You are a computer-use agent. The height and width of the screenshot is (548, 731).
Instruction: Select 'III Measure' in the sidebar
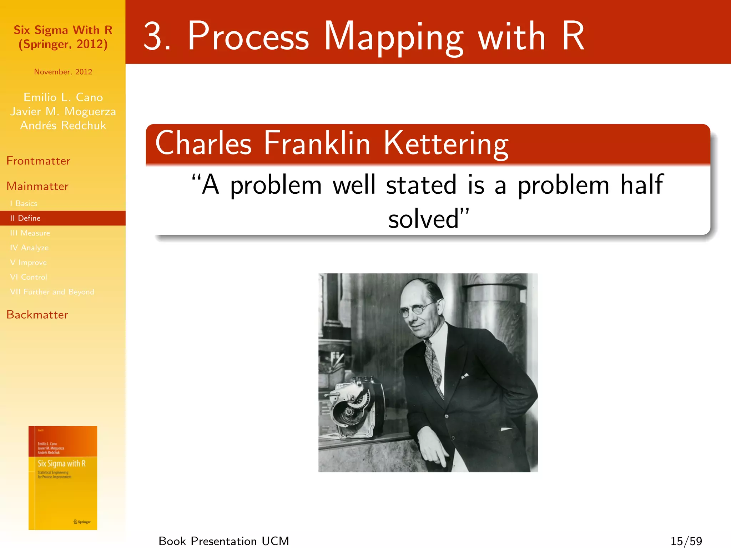[30, 233]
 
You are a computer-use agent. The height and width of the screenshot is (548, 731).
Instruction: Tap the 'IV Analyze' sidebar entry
[29, 248]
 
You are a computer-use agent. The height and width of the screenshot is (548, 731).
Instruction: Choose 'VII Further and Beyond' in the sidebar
[52, 292]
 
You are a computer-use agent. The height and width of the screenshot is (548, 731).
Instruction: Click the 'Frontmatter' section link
[38, 161]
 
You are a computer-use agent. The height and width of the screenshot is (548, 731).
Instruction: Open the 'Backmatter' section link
[37, 315]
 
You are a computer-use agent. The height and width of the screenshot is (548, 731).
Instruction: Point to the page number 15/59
[686, 541]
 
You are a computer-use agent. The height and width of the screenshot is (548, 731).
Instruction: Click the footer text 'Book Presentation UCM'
[223, 541]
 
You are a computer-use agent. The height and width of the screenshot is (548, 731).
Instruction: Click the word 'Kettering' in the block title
[446, 143]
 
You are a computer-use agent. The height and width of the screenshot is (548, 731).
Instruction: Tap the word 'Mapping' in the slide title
[393, 37]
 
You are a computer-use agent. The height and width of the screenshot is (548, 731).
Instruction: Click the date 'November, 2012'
[63, 72]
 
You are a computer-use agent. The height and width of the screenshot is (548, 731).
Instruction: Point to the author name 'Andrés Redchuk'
[63, 126]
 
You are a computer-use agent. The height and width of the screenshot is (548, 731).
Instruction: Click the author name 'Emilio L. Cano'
[63, 97]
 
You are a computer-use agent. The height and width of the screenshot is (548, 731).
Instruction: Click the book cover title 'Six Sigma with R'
[61, 463]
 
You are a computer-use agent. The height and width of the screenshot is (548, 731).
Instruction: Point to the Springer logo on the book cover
[82, 522]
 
